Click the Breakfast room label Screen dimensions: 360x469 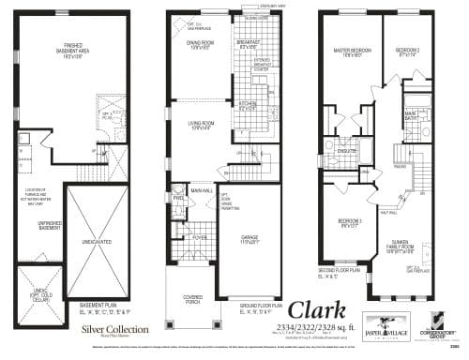pos(249,44)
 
